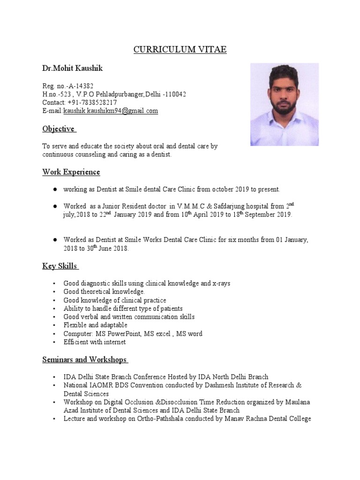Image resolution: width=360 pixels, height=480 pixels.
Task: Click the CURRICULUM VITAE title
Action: (x=180, y=50)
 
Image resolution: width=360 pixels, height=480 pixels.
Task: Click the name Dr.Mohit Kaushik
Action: (x=73, y=68)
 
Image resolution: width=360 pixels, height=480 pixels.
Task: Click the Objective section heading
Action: (x=59, y=129)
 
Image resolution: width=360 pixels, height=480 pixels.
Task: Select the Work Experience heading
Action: (x=71, y=172)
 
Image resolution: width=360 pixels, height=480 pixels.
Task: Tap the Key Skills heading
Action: (x=60, y=266)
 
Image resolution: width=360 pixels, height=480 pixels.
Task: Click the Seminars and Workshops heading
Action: (x=85, y=360)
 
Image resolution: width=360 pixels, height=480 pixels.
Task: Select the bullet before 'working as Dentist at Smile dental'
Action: (x=55, y=189)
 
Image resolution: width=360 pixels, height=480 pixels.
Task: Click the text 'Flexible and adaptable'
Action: (x=95, y=325)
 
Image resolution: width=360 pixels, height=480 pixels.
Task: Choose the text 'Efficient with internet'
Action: (x=95, y=342)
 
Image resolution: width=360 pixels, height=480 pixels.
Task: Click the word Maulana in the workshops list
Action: (x=299, y=402)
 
